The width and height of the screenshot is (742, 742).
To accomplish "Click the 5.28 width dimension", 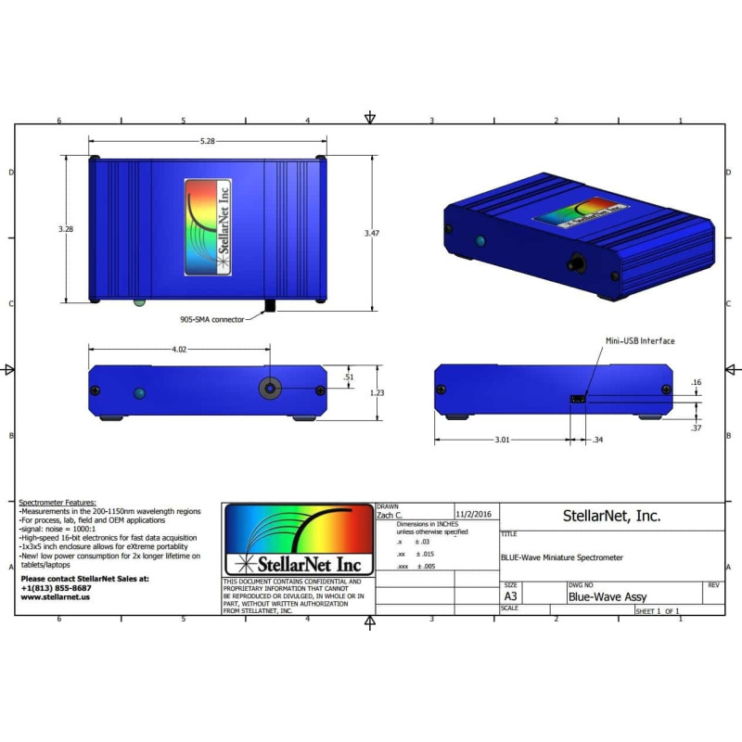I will point(208,141).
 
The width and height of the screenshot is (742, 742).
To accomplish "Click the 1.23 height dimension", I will point(376,392).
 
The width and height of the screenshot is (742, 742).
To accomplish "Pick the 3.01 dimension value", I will point(501,440).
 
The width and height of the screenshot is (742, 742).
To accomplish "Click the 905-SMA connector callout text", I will point(212,319).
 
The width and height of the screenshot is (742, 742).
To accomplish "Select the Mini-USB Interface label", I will point(640,341).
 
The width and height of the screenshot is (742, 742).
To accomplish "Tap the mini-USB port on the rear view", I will point(576,400).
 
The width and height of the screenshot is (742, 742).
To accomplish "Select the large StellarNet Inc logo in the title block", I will point(298,540).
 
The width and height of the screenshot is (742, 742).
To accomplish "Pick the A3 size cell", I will point(511,597).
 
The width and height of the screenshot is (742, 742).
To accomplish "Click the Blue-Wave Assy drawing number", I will point(608,597).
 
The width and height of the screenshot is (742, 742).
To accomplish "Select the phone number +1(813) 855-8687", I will point(56,588).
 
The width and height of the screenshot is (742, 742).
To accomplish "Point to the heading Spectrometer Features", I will point(57,502).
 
